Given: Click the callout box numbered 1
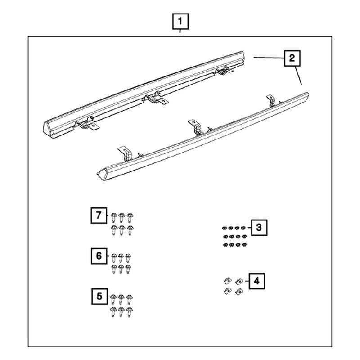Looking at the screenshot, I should coord(180,21).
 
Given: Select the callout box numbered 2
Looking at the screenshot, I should coord(292,58).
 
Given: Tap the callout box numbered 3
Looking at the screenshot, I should coord(258,228).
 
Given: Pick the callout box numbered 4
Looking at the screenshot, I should coord(256,281).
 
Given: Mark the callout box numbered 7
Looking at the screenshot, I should coord(99,215).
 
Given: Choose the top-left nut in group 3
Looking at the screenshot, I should coord(225,228).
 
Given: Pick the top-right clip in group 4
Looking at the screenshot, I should coord(239,281).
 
